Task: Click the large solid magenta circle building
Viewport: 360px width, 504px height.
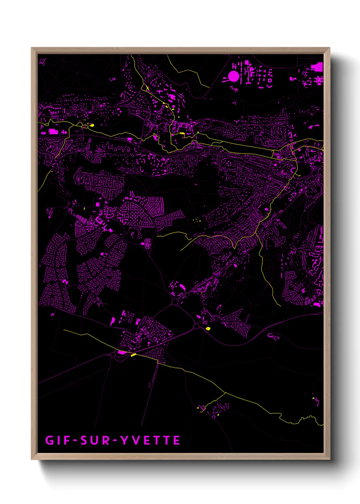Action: point(233,76)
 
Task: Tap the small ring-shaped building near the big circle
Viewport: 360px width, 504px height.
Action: point(270,81)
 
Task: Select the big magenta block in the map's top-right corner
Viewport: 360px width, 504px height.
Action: point(317,67)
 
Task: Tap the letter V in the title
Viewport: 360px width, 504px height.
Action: point(135,440)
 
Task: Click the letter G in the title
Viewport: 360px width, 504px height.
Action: point(49,440)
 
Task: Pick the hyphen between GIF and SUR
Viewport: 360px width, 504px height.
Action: point(75,440)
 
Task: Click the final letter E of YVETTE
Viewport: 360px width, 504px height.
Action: point(177,440)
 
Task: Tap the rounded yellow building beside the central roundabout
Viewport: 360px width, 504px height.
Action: point(208,329)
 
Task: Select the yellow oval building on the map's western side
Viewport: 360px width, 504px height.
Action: point(91,125)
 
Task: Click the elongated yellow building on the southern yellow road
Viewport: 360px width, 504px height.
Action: point(133,355)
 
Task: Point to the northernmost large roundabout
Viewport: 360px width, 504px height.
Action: point(175,302)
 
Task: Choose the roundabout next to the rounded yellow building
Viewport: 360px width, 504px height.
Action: point(196,326)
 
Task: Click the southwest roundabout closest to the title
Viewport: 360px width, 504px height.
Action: point(113,355)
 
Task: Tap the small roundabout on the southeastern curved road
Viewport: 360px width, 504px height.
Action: point(265,329)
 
